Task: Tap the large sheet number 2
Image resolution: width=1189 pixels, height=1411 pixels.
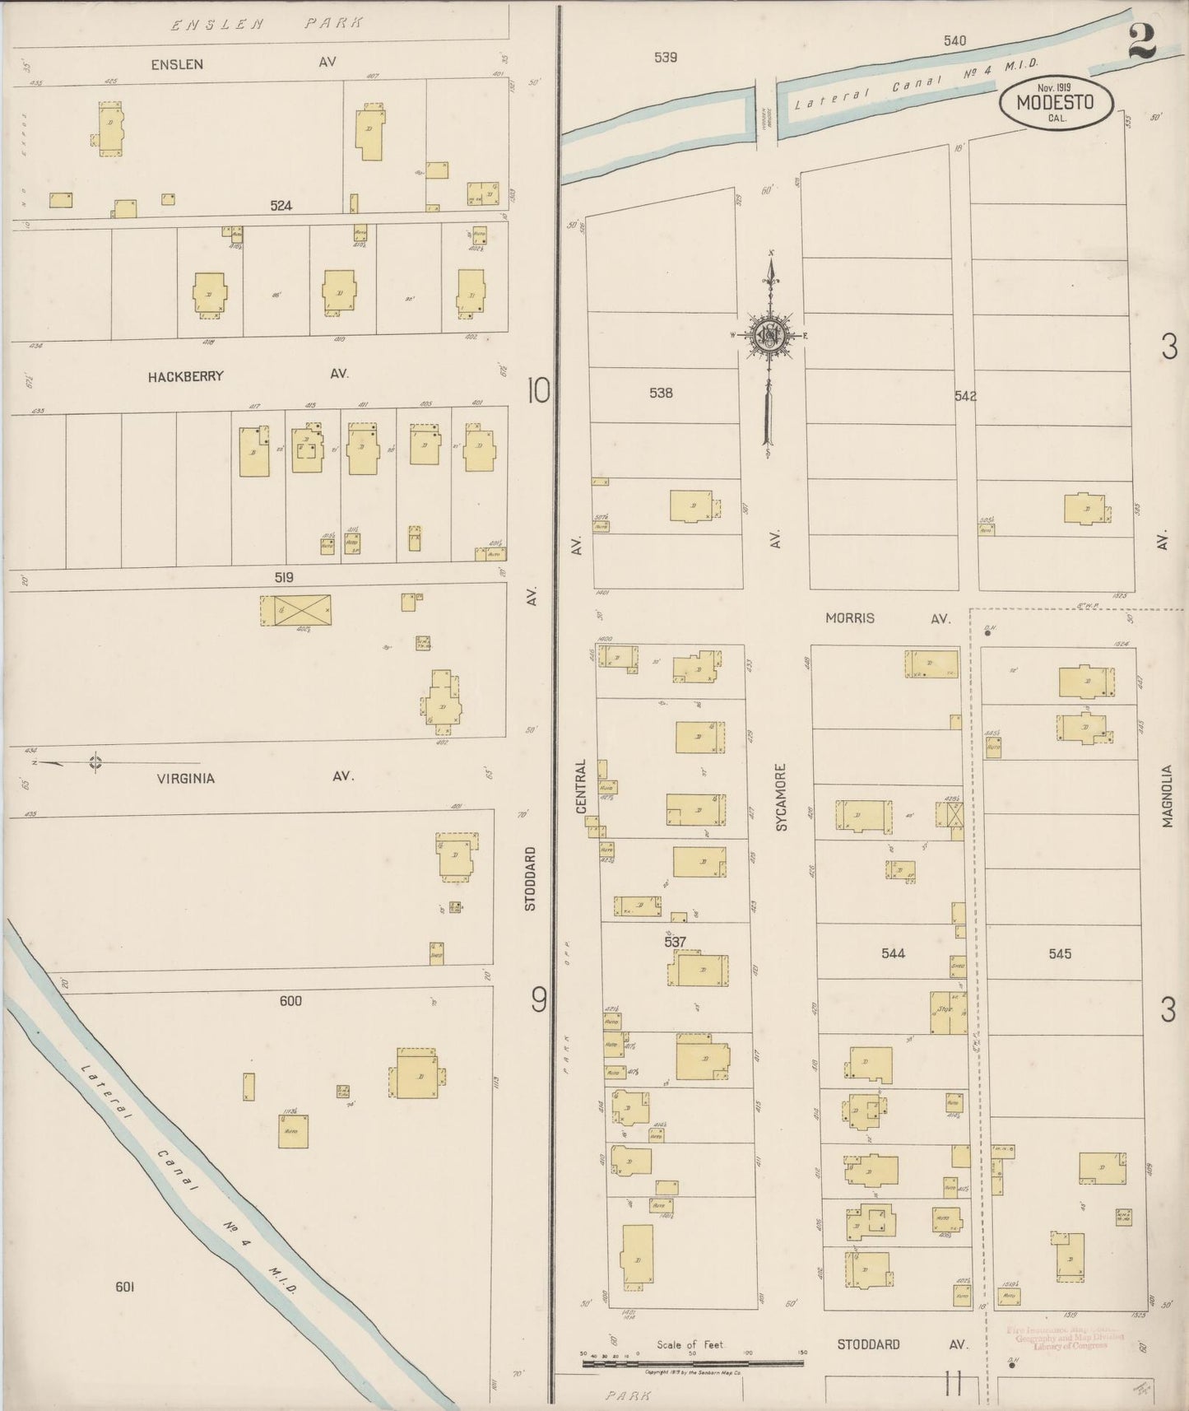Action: point(1142,40)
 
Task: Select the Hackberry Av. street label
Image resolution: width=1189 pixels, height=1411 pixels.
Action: point(248,375)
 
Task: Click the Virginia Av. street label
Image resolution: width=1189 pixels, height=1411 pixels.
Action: point(255,776)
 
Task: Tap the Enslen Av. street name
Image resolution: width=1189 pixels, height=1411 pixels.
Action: point(243,63)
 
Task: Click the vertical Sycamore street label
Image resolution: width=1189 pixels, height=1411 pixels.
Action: point(782,796)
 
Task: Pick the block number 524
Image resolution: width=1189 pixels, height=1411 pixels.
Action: point(281,206)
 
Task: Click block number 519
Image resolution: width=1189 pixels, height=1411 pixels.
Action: point(284,578)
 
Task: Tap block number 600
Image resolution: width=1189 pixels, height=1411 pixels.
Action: point(290,1001)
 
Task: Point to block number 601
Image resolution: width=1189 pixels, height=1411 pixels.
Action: point(124,1287)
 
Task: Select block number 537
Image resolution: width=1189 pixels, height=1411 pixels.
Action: point(676,941)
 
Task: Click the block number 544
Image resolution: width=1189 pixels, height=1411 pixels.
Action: point(893,953)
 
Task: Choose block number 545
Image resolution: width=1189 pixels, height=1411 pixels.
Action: point(1060,953)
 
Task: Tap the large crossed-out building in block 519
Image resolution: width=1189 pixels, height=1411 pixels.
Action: point(295,610)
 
